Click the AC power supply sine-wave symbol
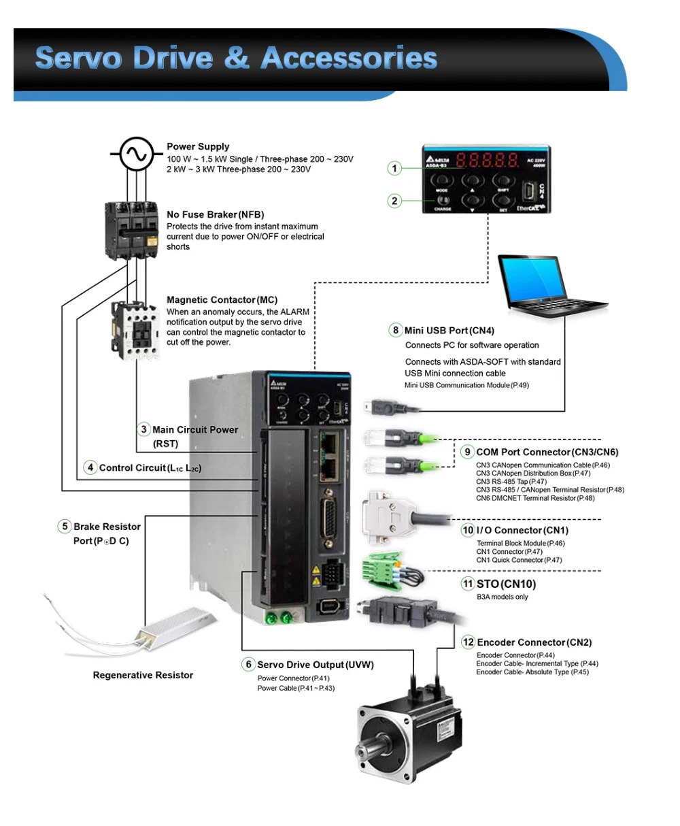pyautogui.click(x=136, y=155)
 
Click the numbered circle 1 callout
pyautogui.click(x=395, y=168)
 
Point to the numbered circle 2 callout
pyautogui.click(x=395, y=201)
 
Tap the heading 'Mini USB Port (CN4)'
pyautogui.click(x=449, y=331)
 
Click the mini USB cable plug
pyautogui.click(x=381, y=407)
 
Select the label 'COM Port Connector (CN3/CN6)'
pyautogui.click(x=547, y=452)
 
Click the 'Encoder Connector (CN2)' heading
pyautogui.click(x=534, y=642)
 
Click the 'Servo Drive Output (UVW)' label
pyautogui.click(x=316, y=665)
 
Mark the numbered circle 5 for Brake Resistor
pyautogui.click(x=65, y=527)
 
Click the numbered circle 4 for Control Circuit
pyautogui.click(x=90, y=467)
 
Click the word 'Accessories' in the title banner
pyautogui.click(x=348, y=59)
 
